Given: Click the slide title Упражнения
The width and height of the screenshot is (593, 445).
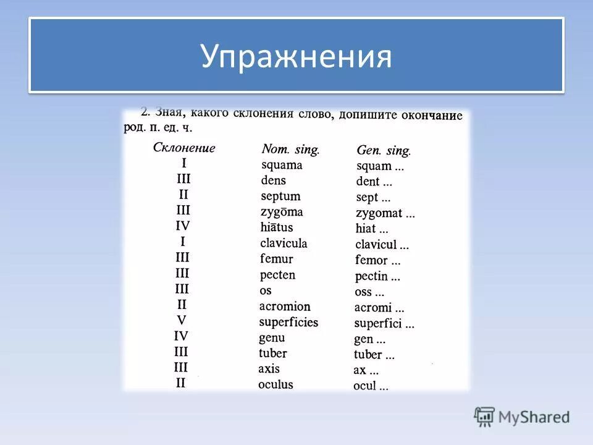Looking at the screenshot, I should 296,56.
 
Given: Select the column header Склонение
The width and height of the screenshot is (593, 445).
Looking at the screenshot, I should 184,148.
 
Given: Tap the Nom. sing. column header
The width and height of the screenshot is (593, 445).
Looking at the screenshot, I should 290,149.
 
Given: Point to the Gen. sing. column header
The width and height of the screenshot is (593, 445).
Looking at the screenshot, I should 384,150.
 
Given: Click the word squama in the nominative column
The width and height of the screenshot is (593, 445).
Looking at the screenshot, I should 282,165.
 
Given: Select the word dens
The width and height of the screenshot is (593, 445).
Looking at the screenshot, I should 274,180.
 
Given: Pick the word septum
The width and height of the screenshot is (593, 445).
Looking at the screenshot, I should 280,197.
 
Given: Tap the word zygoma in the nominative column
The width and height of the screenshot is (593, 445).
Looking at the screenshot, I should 282,212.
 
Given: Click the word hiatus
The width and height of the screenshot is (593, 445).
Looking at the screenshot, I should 277,227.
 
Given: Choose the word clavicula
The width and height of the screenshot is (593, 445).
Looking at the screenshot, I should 284,243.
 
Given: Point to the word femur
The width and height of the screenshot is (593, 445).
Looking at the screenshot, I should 276,259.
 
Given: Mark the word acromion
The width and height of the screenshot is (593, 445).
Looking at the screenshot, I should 285,307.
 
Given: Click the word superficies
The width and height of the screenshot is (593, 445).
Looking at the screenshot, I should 288,322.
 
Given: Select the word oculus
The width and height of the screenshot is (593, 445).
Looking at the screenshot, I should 275,384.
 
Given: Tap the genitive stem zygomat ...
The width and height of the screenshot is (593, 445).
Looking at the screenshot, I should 379,213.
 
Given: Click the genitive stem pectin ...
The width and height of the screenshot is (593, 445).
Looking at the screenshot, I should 371,276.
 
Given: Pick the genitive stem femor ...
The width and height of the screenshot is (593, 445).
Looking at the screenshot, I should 371,260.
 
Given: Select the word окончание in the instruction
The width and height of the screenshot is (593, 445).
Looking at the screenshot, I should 432,116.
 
